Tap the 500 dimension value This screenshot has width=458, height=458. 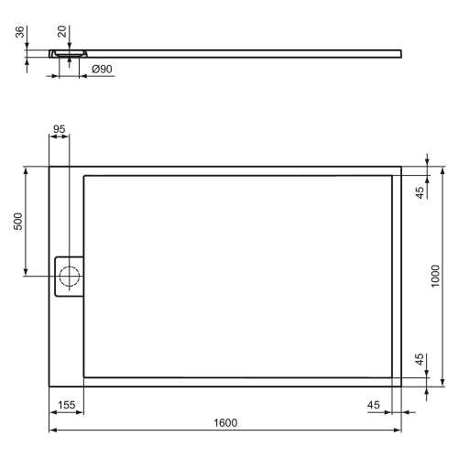[x=18, y=222]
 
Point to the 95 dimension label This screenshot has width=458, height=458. [x=60, y=129]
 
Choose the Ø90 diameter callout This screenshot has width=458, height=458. [x=102, y=68]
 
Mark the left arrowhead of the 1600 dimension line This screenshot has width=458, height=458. [x=52, y=431]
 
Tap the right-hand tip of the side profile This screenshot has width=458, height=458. [x=400, y=50]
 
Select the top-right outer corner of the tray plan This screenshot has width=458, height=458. [x=401, y=167]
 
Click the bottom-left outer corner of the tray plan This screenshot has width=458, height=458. [x=49, y=386]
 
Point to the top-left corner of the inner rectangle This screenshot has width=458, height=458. [x=84, y=176]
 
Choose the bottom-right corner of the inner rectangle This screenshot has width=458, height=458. [x=392, y=376]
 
